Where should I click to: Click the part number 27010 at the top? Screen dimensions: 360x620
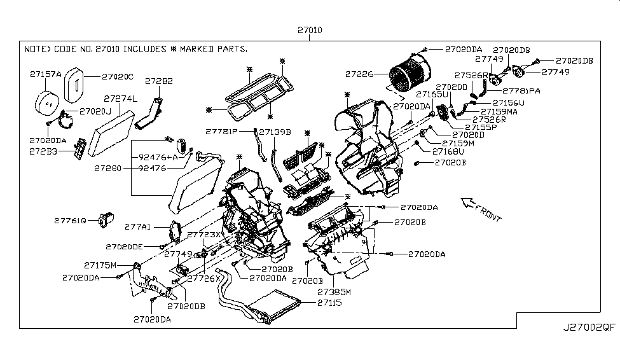coord(308,31)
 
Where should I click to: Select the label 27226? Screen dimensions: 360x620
coord(360,74)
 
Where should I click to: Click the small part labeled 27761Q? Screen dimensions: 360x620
coord(104,220)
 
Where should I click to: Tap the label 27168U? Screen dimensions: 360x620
coord(448,152)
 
